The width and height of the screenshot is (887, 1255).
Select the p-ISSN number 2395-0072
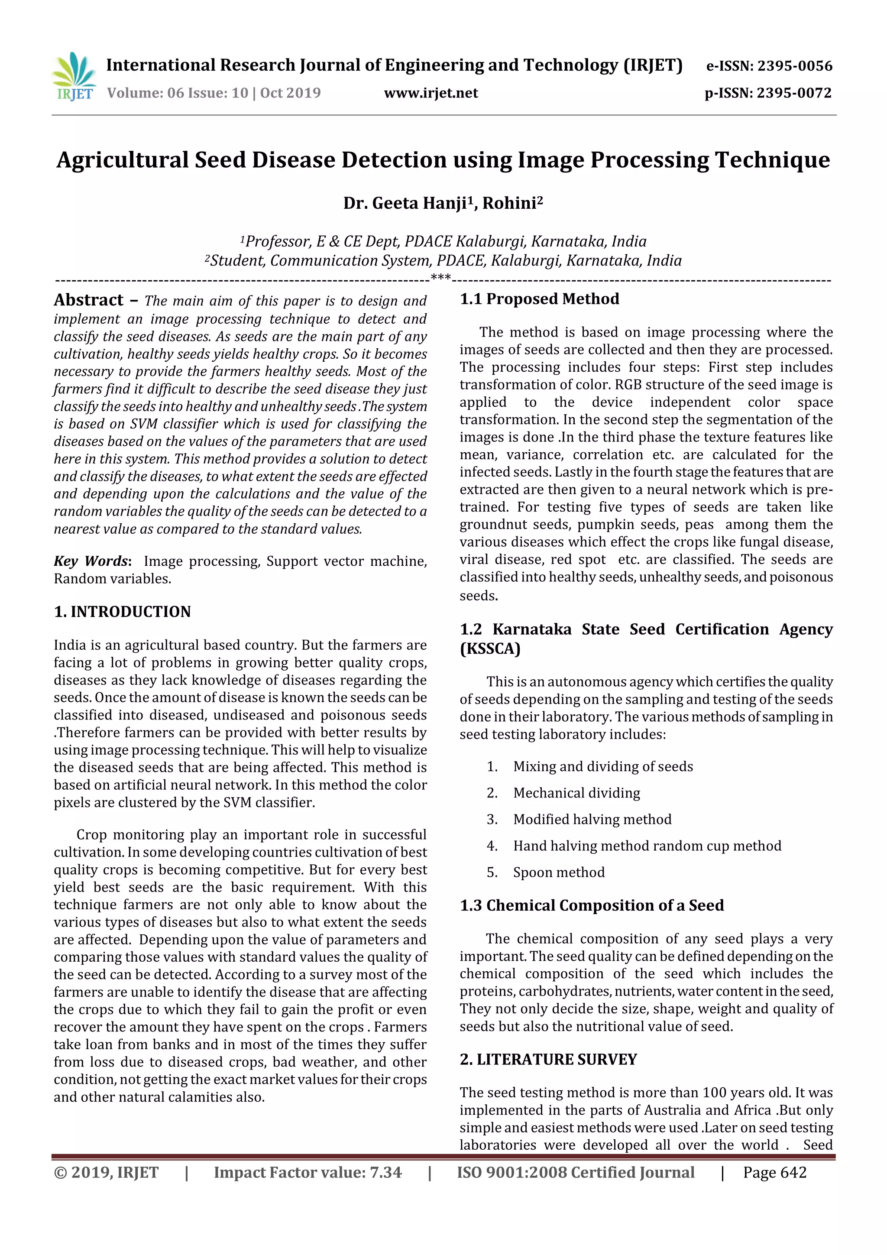(793, 93)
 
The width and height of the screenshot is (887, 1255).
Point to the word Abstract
(88, 300)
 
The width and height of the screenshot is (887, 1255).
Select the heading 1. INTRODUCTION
(123, 612)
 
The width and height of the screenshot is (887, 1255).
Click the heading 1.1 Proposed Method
(539, 299)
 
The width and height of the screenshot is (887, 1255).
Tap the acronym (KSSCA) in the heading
(490, 649)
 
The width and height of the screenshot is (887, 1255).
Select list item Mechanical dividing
(576, 793)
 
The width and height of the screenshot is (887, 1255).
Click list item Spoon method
(559, 872)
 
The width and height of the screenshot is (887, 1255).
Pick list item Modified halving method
(592, 819)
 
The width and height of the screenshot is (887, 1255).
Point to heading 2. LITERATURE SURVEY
(548, 1059)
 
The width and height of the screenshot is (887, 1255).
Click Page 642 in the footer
(774, 1172)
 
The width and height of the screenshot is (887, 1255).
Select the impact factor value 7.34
(385, 1172)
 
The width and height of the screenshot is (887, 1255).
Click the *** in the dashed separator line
(440, 278)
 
